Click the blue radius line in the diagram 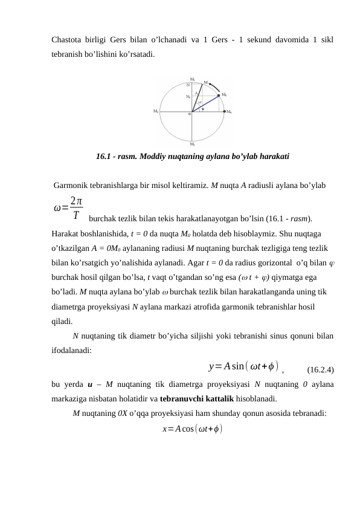[x=206, y=103]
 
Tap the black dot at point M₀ [x=218, y=95]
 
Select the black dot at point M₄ [x=225, y=112]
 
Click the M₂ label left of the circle [x=156, y=112]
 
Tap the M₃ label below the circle [x=192, y=144]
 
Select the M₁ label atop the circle [x=192, y=79]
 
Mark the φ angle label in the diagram [x=203, y=109]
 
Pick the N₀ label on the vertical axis [x=188, y=96]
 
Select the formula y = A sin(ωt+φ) [x=242, y=366]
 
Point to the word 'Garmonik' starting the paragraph [x=71, y=185]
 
